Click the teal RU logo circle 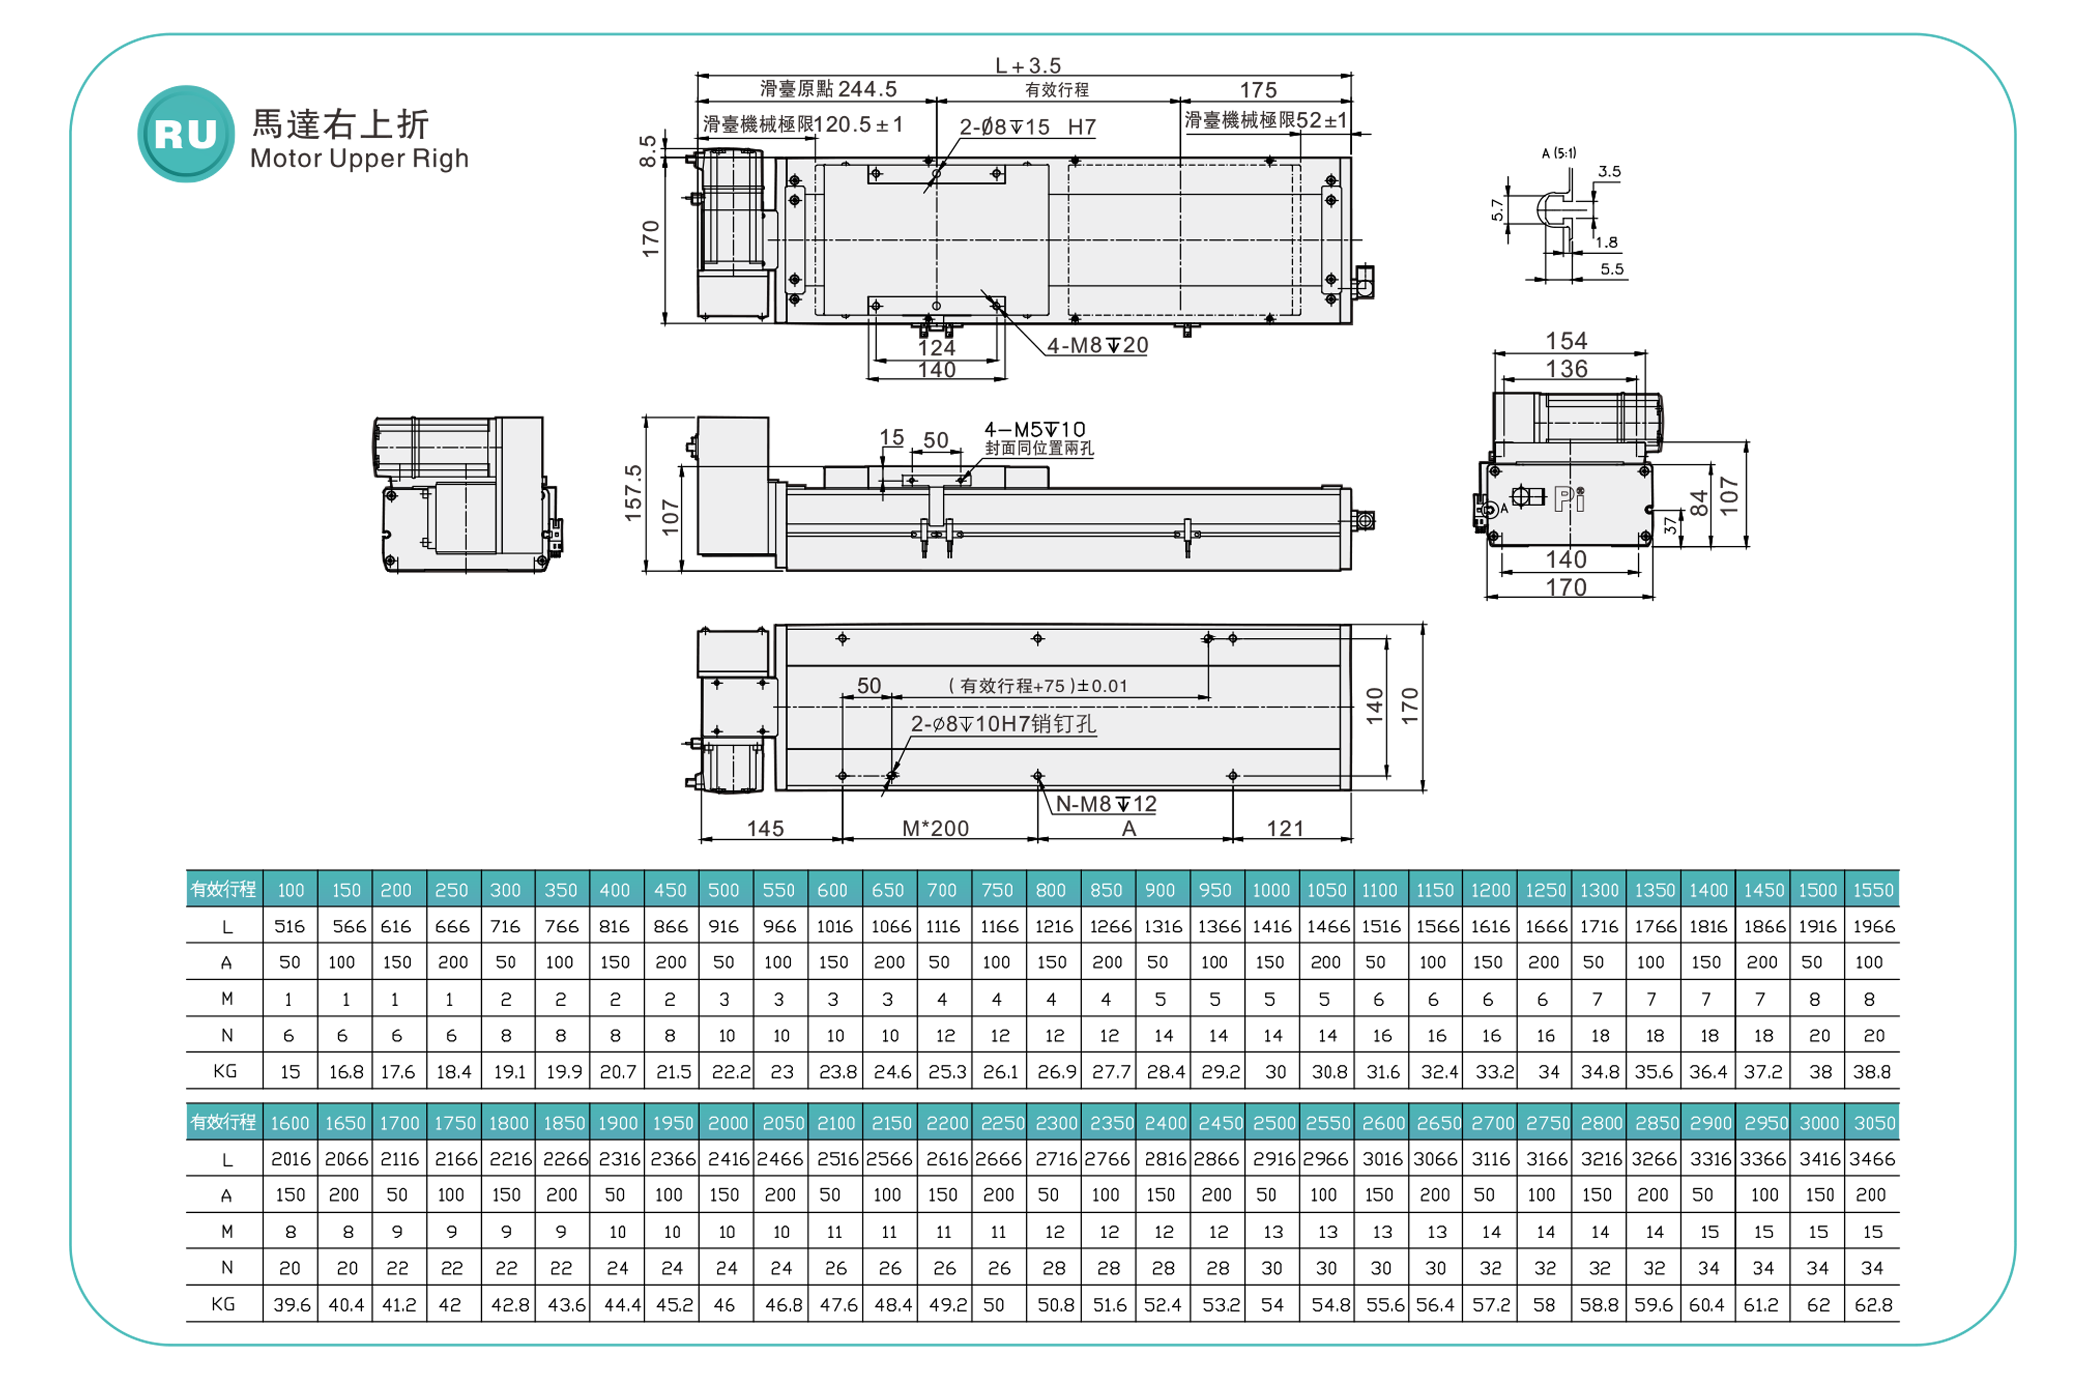(186, 134)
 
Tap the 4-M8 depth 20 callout (1098, 346)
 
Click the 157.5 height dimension (633, 492)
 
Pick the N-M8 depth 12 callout (1106, 804)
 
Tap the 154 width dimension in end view (1566, 341)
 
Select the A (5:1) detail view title (1559, 153)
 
